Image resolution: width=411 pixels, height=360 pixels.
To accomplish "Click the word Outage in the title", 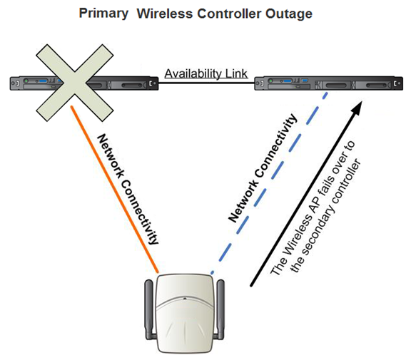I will (291, 14).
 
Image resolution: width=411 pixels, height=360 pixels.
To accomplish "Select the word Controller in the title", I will (235, 14).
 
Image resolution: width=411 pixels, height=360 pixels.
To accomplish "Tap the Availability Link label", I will (205, 73).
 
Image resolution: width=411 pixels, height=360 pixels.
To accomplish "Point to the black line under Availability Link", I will (205, 83).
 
